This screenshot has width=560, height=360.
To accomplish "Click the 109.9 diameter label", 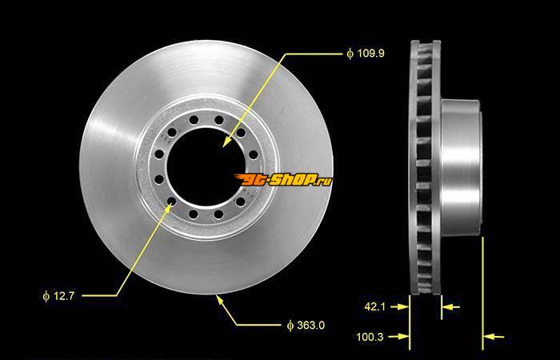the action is tap(366, 54).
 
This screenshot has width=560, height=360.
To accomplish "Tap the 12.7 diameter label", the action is tap(58, 296).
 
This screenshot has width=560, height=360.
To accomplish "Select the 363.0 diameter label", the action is tap(306, 326).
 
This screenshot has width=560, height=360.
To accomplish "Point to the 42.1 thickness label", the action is tap(374, 306).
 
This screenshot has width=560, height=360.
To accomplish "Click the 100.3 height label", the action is tap(370, 337).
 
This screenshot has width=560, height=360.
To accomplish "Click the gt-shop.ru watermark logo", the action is tap(283, 180).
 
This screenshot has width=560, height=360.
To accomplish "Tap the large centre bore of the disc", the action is tap(206, 166).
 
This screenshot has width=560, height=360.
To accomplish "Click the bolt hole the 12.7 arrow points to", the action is tap(172, 201).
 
